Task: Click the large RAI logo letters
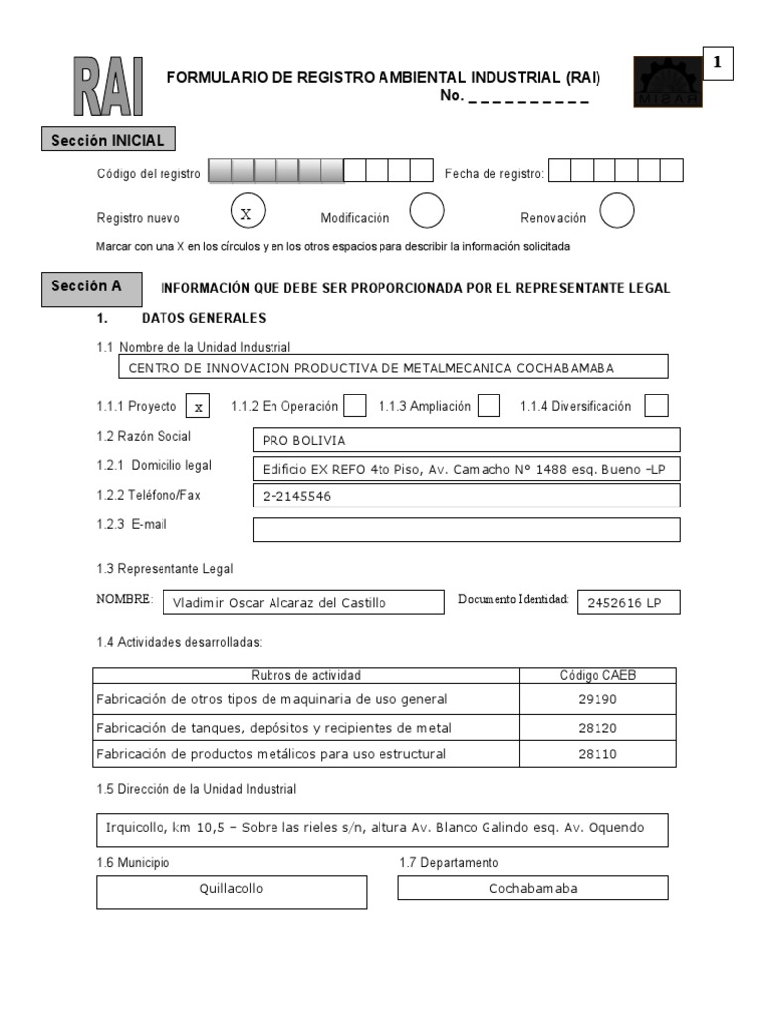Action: [108, 86]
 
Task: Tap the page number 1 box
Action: [717, 63]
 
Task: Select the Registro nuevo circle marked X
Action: [248, 212]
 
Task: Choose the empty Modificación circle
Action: [426, 211]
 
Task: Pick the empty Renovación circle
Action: [616, 211]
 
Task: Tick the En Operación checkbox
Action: [355, 405]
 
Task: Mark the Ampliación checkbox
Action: [489, 405]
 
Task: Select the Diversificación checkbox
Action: [656, 405]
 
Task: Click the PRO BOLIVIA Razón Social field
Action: [467, 440]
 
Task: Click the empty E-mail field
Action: [467, 530]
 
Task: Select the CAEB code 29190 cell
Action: [598, 699]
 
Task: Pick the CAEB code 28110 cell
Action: [598, 754]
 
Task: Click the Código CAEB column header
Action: [598, 676]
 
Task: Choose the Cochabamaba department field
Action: [532, 888]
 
